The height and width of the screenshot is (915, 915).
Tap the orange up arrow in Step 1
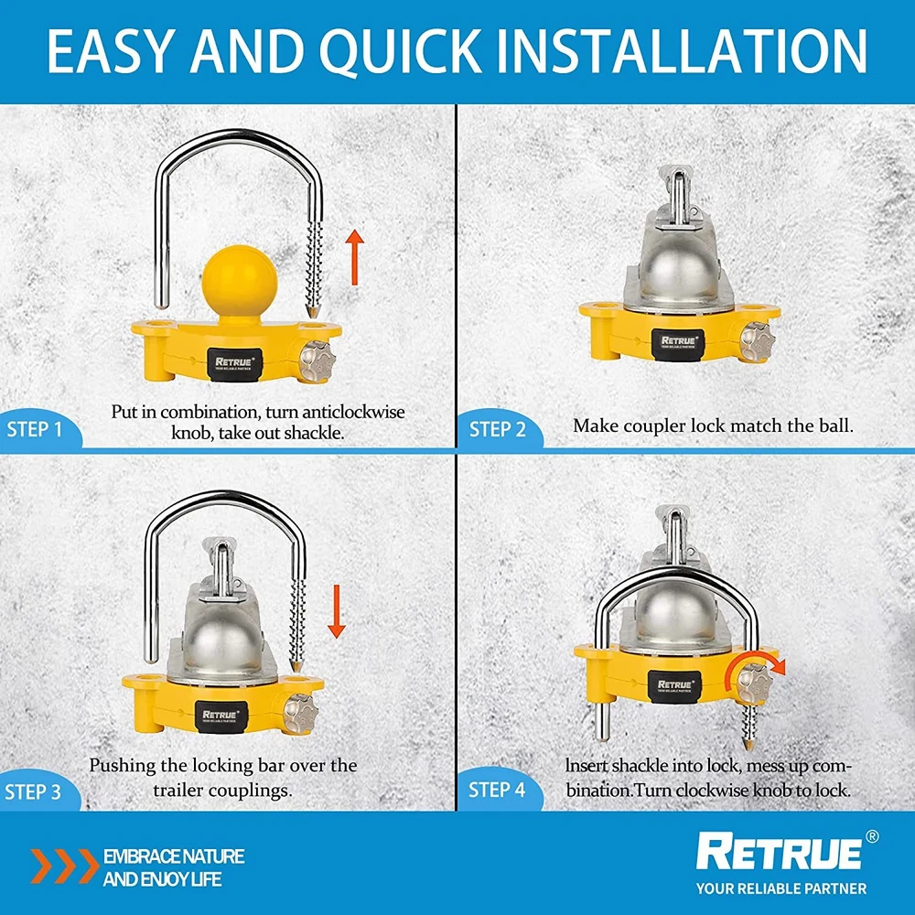[x=354, y=257]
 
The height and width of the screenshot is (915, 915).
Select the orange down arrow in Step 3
[x=336, y=611]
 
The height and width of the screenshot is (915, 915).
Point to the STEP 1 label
[x=34, y=429]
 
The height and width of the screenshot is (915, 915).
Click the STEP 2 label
[x=497, y=429]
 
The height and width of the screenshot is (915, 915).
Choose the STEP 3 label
[x=33, y=791]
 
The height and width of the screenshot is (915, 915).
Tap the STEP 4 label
[x=497, y=790]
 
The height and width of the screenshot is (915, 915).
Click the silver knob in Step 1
[x=318, y=361]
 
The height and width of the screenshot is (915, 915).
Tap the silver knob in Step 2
[x=757, y=341]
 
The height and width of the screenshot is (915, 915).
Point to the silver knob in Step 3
[x=300, y=713]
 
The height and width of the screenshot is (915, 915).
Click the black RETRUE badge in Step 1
[x=234, y=365]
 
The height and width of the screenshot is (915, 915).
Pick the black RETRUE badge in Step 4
[x=674, y=687]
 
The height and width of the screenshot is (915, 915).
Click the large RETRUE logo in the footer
[x=779, y=853]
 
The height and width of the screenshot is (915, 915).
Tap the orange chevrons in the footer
[x=65, y=866]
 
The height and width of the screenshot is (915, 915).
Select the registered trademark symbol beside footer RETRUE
[x=871, y=837]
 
